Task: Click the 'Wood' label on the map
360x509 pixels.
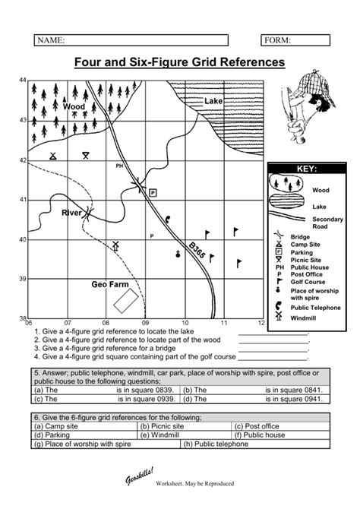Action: (74, 107)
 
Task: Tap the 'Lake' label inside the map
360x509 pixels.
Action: (213, 101)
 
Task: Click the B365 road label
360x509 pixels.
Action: (197, 251)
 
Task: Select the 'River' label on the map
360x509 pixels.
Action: (71, 213)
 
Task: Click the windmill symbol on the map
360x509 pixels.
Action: (116, 246)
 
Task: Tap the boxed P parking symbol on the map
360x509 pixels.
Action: (153, 194)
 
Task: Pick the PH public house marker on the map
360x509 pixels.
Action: (119, 166)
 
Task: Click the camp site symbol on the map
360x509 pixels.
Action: (52, 156)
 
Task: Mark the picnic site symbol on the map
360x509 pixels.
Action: (87, 155)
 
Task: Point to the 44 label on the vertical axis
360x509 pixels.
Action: (23, 80)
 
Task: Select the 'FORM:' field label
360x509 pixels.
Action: (278, 40)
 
